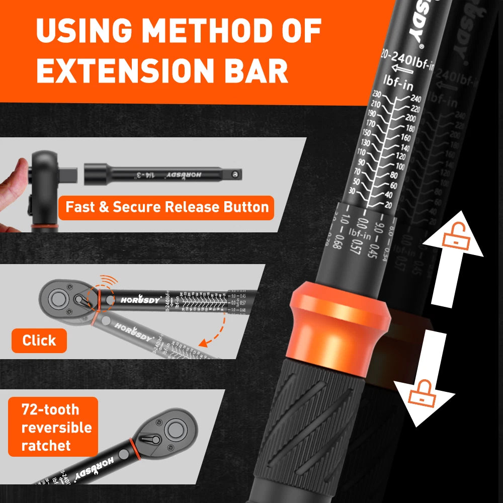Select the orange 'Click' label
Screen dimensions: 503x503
[x=39, y=341]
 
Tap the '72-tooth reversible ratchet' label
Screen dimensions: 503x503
[x=53, y=427]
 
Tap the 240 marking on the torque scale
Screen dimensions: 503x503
[x=415, y=99]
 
